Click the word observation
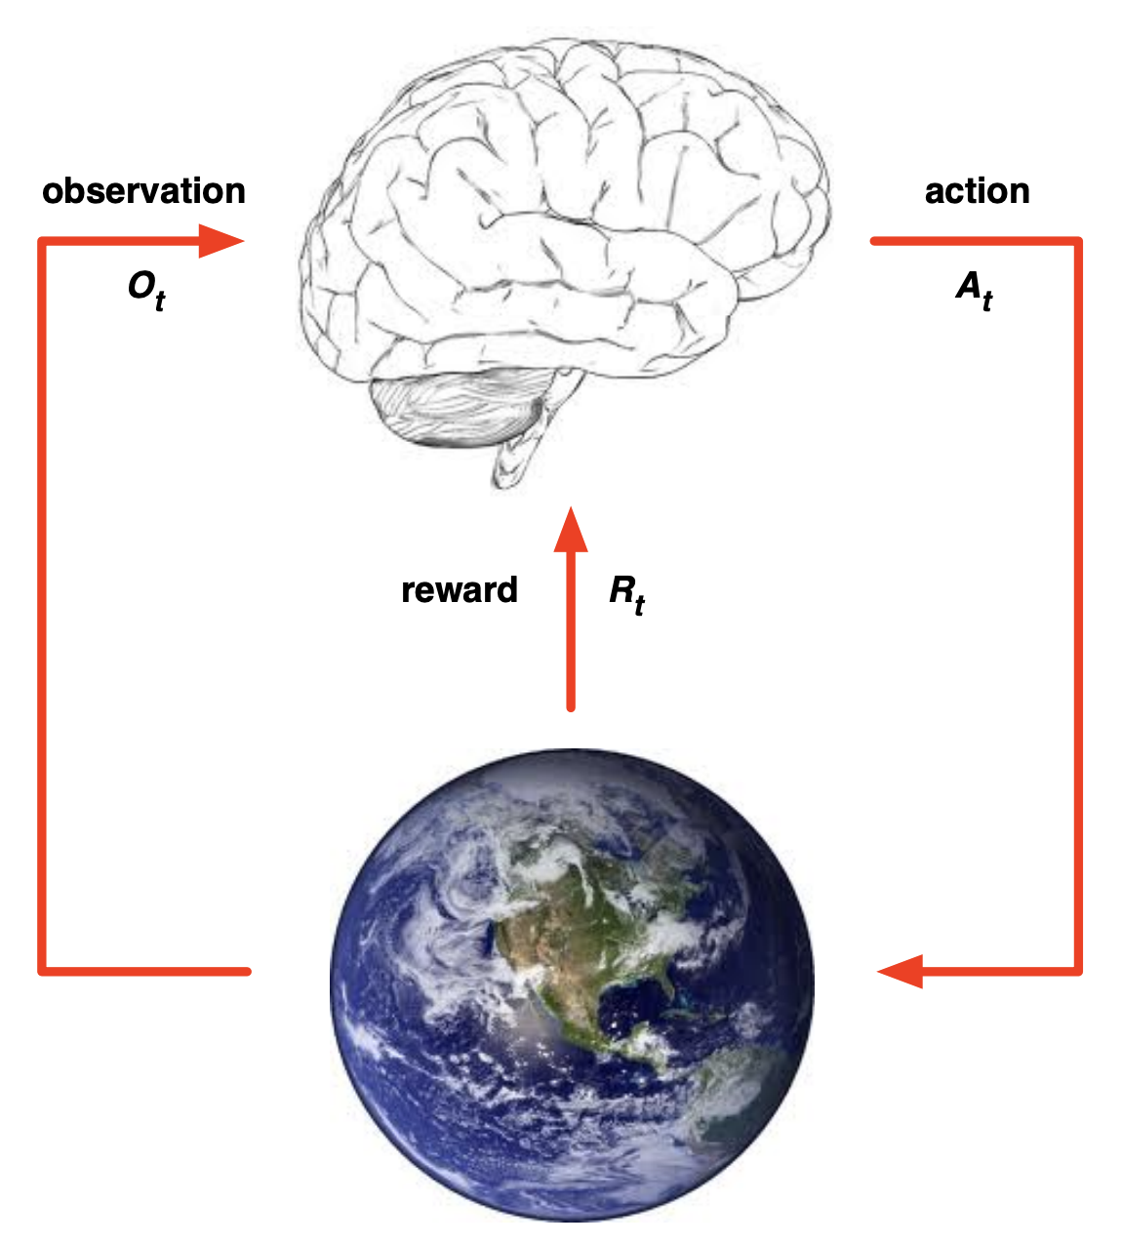[x=143, y=191]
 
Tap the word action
[x=977, y=191]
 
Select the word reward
[x=460, y=590]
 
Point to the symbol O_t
[x=146, y=289]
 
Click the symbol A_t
[x=974, y=289]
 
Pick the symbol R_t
[x=626, y=592]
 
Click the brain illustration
[x=566, y=224]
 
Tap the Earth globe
[x=572, y=985]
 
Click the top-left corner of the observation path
[x=42, y=241]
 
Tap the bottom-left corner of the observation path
[x=42, y=971]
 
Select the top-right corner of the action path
[x=1078, y=241]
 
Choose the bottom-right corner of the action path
[x=1078, y=971]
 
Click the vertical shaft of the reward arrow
[x=571, y=634]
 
